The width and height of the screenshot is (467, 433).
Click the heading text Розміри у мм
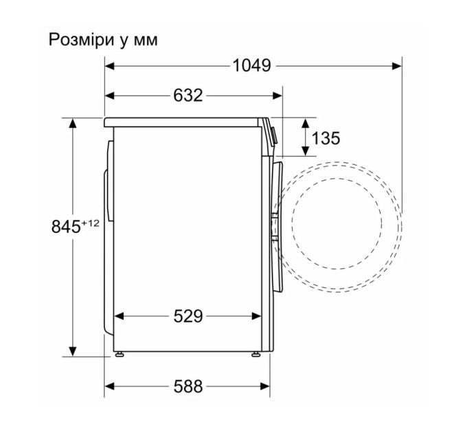103,40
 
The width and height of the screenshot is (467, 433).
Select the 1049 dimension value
251,66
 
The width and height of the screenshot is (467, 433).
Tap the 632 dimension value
187,96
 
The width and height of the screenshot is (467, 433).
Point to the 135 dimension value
326,139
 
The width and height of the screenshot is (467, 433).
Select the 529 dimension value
187,317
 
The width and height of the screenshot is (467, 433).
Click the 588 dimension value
187,387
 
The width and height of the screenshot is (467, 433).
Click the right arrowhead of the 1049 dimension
398,66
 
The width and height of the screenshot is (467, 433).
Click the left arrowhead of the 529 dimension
117,317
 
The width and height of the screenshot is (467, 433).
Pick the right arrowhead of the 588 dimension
266,387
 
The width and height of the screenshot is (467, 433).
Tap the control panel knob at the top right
273,135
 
